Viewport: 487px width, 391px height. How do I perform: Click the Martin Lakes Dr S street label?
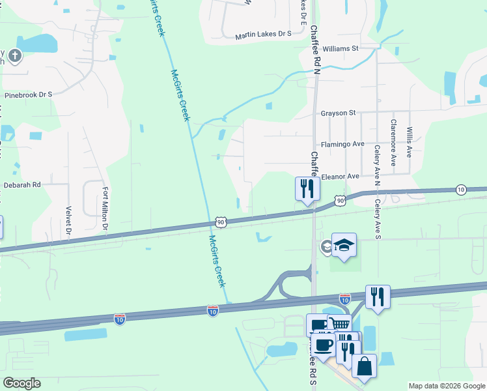click(x=263, y=35)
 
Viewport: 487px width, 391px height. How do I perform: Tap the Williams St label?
click(x=341, y=48)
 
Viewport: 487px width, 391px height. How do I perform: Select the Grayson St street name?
click(x=337, y=113)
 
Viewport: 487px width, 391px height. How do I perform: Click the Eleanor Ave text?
click(x=341, y=177)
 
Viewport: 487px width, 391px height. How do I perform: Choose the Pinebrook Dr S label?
click(x=28, y=94)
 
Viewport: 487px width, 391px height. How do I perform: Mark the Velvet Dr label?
click(x=68, y=220)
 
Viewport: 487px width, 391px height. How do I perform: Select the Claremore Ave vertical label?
click(x=393, y=142)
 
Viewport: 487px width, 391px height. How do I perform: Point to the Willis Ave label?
click(x=409, y=143)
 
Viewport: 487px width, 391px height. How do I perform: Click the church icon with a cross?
click(x=14, y=56)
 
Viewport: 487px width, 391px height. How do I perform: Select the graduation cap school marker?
click(x=344, y=245)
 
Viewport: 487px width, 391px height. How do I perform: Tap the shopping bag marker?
click(x=364, y=366)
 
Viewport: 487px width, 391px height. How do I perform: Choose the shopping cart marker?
click(x=339, y=324)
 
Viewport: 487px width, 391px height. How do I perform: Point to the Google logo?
click(x=22, y=383)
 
